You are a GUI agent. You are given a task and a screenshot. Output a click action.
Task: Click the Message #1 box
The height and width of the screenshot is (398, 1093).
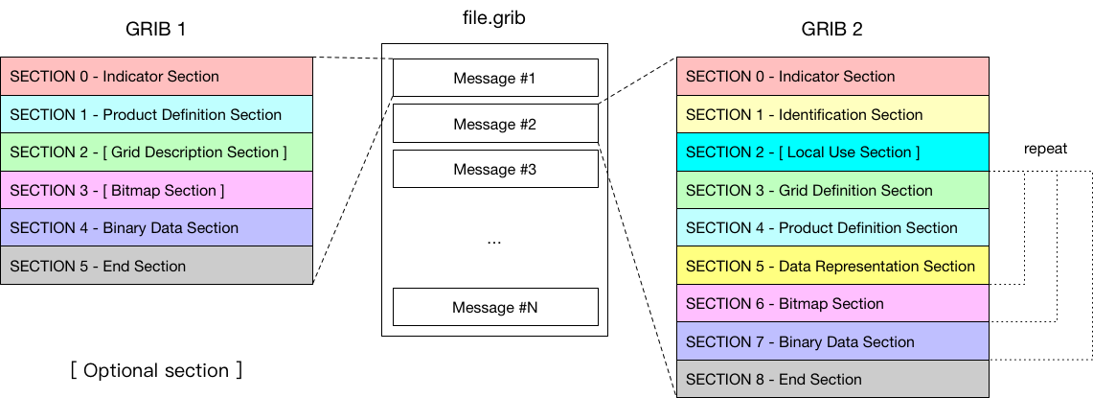[495, 78]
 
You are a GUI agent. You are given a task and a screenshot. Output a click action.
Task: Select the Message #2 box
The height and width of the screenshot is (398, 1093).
[495, 124]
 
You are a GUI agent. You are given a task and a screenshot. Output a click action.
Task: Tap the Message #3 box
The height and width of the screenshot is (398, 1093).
[495, 169]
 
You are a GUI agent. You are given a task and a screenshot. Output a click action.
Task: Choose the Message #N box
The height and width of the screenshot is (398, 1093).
[495, 307]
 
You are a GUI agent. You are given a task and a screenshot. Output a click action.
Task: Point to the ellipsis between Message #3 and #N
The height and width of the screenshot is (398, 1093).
[494, 242]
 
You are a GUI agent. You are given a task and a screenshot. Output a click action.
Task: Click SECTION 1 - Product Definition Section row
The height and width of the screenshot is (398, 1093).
[156, 114]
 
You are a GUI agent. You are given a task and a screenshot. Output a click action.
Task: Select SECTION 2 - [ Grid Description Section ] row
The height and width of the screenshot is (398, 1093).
[156, 152]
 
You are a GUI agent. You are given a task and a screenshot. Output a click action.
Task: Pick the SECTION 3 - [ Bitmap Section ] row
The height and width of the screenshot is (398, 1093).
[156, 190]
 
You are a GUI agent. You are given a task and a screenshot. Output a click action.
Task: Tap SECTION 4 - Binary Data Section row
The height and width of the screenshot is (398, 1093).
[156, 227]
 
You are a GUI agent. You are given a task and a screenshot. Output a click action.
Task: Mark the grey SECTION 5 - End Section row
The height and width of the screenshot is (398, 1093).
[156, 266]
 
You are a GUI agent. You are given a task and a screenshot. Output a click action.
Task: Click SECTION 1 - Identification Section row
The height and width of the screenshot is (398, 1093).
[832, 114]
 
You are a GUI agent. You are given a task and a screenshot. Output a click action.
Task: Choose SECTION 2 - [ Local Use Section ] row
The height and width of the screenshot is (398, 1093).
[832, 152]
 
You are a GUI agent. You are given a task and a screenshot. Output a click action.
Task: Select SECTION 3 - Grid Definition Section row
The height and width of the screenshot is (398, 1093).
[832, 190]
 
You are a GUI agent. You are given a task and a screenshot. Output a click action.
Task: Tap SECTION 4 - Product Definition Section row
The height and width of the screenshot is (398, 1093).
[832, 227]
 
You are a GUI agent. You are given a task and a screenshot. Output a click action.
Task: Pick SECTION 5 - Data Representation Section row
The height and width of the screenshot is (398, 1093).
[832, 266]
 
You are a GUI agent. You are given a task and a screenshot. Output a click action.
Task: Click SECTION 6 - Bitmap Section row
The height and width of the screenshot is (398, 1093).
[832, 303]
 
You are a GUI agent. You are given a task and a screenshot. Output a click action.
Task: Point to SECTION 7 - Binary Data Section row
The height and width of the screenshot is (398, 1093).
[832, 341]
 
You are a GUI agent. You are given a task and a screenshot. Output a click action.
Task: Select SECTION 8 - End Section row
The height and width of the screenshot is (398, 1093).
[832, 379]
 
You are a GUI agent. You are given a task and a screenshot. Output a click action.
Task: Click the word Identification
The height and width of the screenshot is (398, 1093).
[823, 115]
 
